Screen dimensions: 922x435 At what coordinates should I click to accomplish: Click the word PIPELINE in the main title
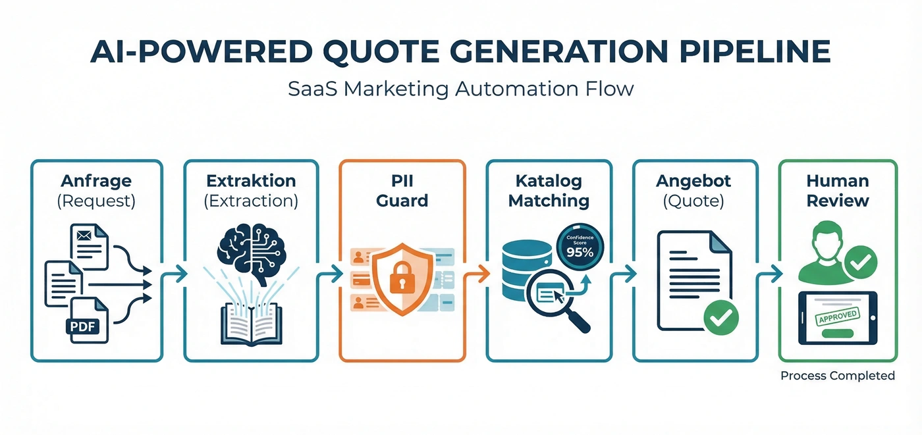[x=755, y=51]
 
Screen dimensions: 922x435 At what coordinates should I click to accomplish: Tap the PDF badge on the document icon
[x=82, y=326]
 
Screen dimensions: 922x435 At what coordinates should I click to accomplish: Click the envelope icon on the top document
[x=84, y=235]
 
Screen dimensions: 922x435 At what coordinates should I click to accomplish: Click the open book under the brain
[x=252, y=324]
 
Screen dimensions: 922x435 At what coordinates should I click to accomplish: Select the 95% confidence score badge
[x=580, y=247]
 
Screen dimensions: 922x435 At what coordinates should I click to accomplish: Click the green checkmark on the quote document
[x=721, y=317]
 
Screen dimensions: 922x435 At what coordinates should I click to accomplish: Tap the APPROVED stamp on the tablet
[x=837, y=316]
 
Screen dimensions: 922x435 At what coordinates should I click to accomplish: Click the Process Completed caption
[x=838, y=376]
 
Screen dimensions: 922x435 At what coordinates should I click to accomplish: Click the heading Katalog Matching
[x=549, y=191]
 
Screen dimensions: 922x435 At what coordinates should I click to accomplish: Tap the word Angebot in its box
[x=693, y=181]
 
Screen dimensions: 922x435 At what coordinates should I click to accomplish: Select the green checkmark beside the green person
[x=861, y=263]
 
